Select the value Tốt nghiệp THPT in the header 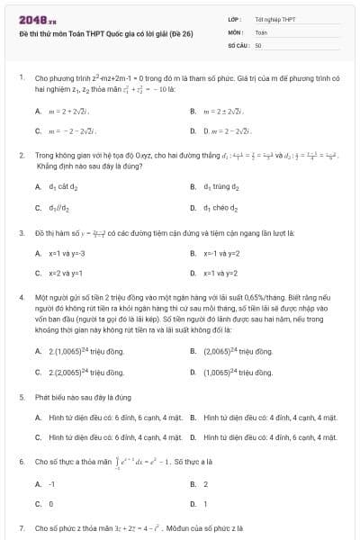click(x=275, y=18)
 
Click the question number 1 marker click(x=21, y=78)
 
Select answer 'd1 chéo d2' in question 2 click(x=221, y=207)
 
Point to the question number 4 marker click(x=21, y=296)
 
